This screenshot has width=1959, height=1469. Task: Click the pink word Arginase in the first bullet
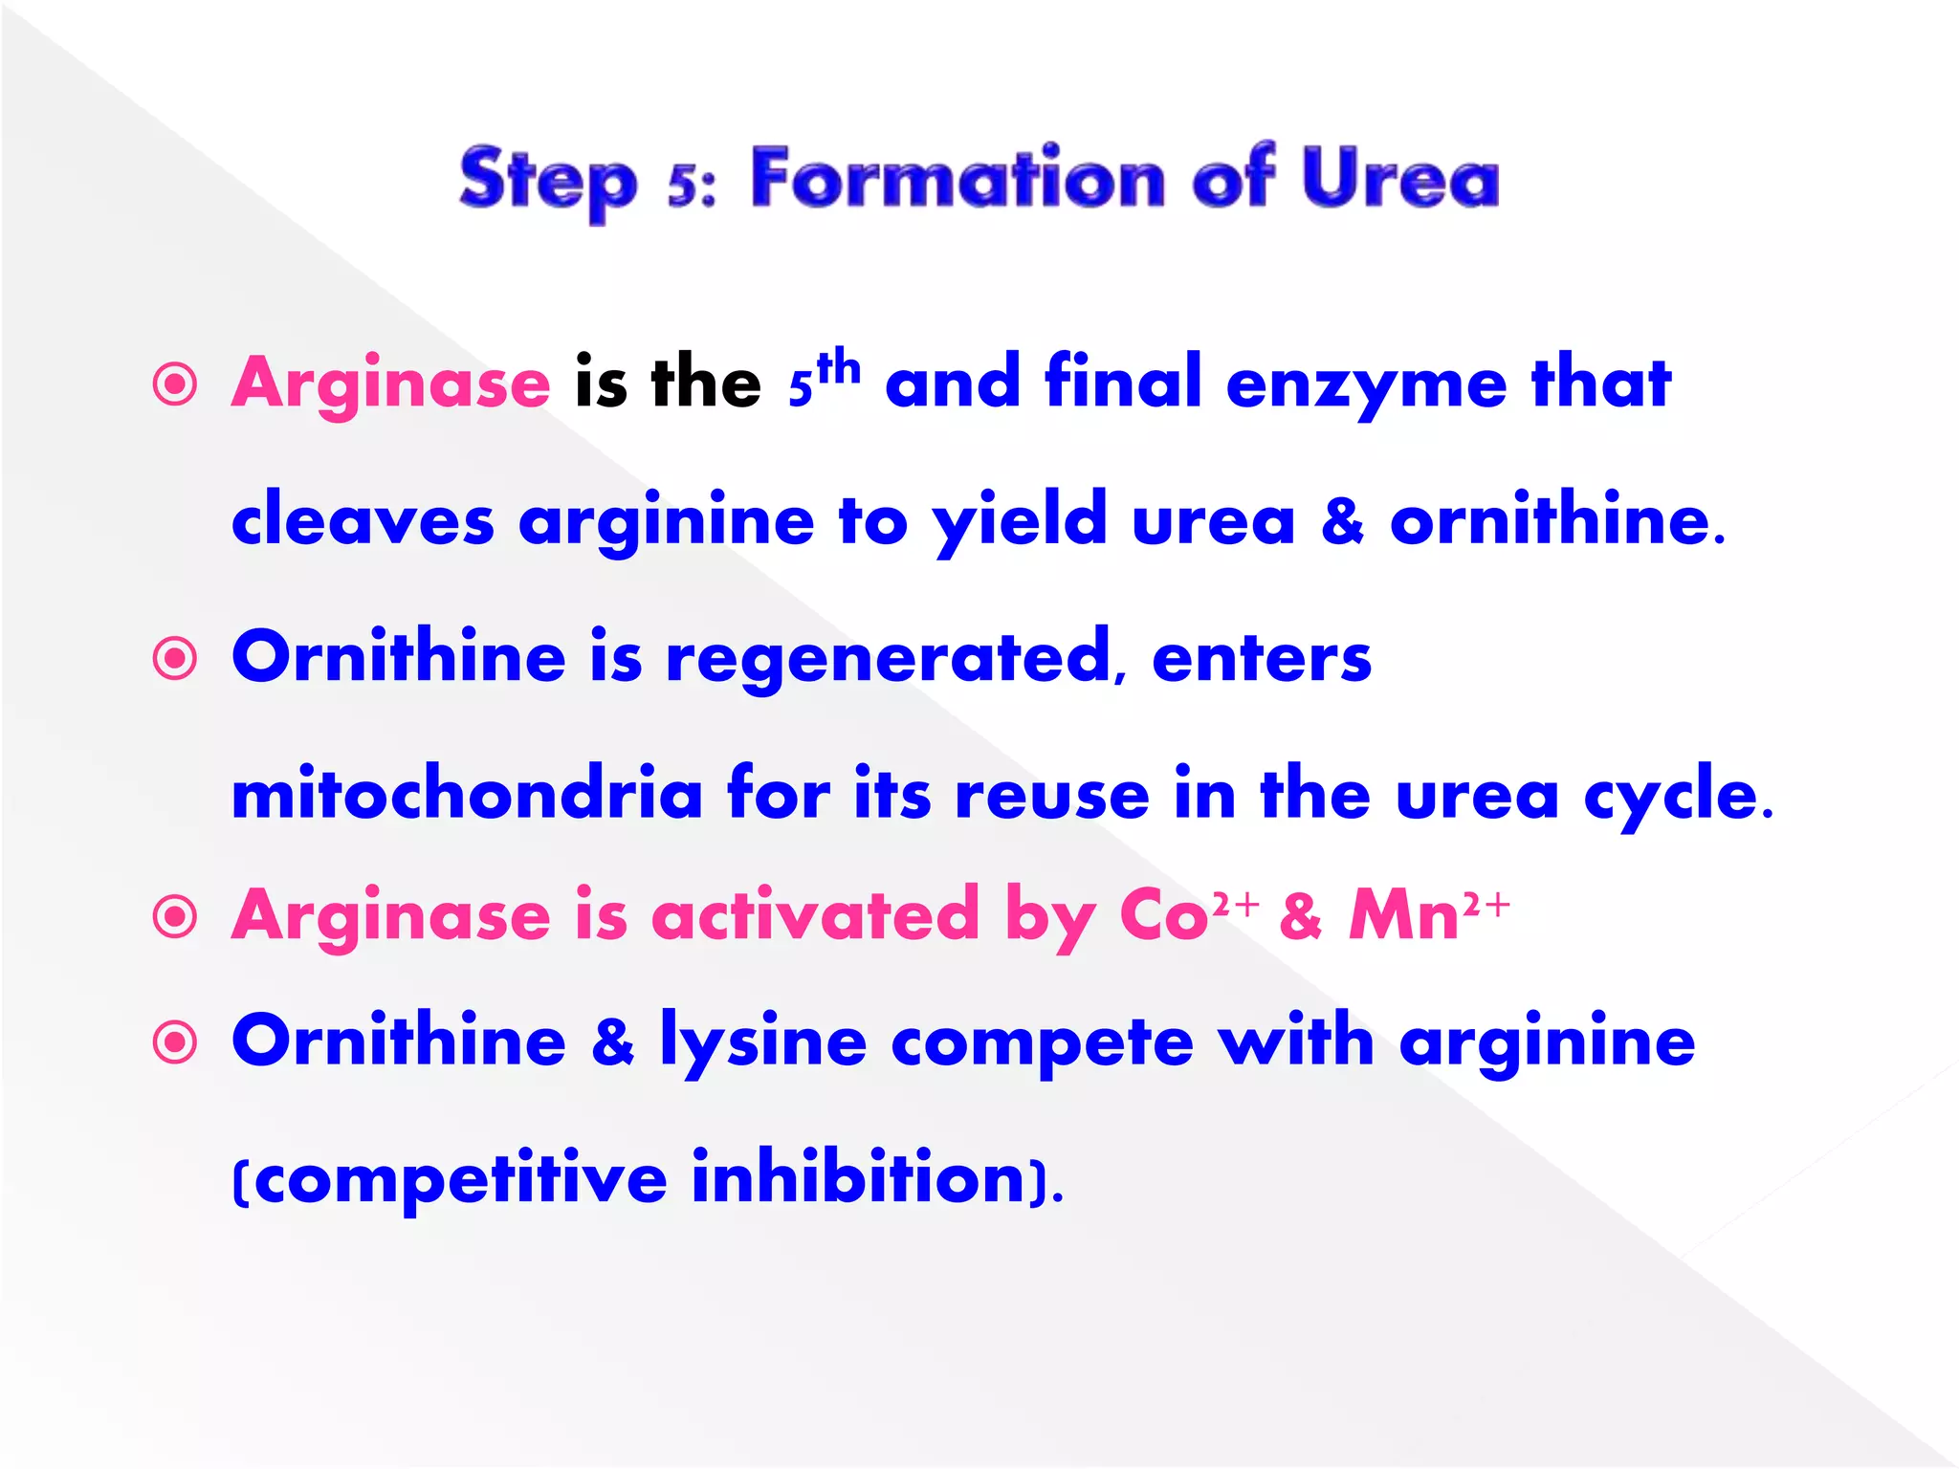(x=391, y=384)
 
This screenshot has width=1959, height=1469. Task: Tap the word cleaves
(x=363, y=521)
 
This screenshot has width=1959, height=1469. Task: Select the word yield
(x=1020, y=521)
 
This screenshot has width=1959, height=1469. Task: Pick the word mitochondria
(x=468, y=795)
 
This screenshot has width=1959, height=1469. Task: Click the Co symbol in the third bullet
(x=1163, y=916)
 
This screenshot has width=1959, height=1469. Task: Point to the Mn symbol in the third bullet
(x=1404, y=916)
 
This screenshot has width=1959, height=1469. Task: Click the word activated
(x=815, y=916)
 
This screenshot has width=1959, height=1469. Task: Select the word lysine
(x=763, y=1041)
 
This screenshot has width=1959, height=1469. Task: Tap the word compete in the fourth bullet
(x=1043, y=1041)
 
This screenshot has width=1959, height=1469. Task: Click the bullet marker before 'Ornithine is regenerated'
(x=175, y=659)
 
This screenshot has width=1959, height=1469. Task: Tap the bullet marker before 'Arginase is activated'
(x=175, y=917)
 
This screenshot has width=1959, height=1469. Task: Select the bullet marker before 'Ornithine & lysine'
(x=175, y=1042)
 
